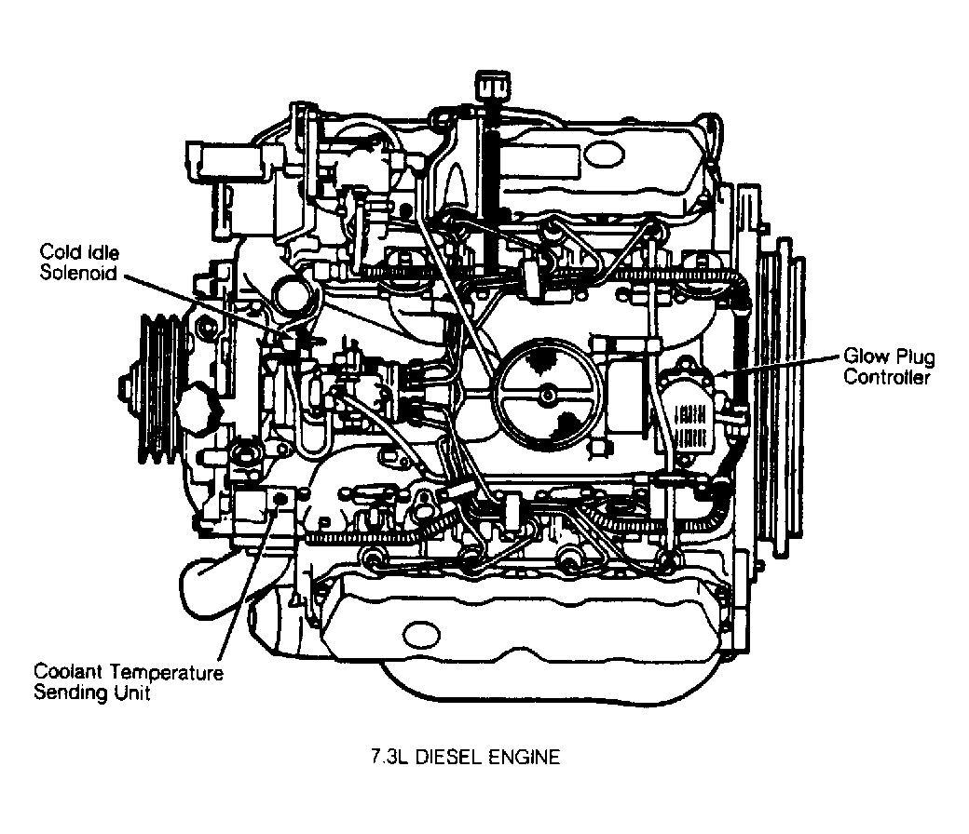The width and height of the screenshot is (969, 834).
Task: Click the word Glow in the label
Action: click(x=862, y=357)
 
